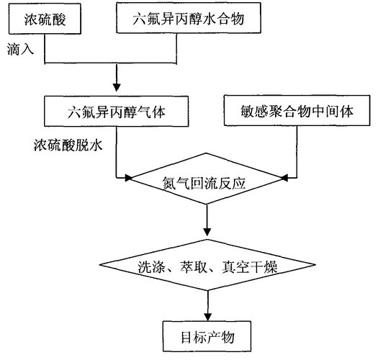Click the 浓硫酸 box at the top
(x=45, y=18)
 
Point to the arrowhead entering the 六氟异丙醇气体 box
(x=117, y=89)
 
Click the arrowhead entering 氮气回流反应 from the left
(x=128, y=177)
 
